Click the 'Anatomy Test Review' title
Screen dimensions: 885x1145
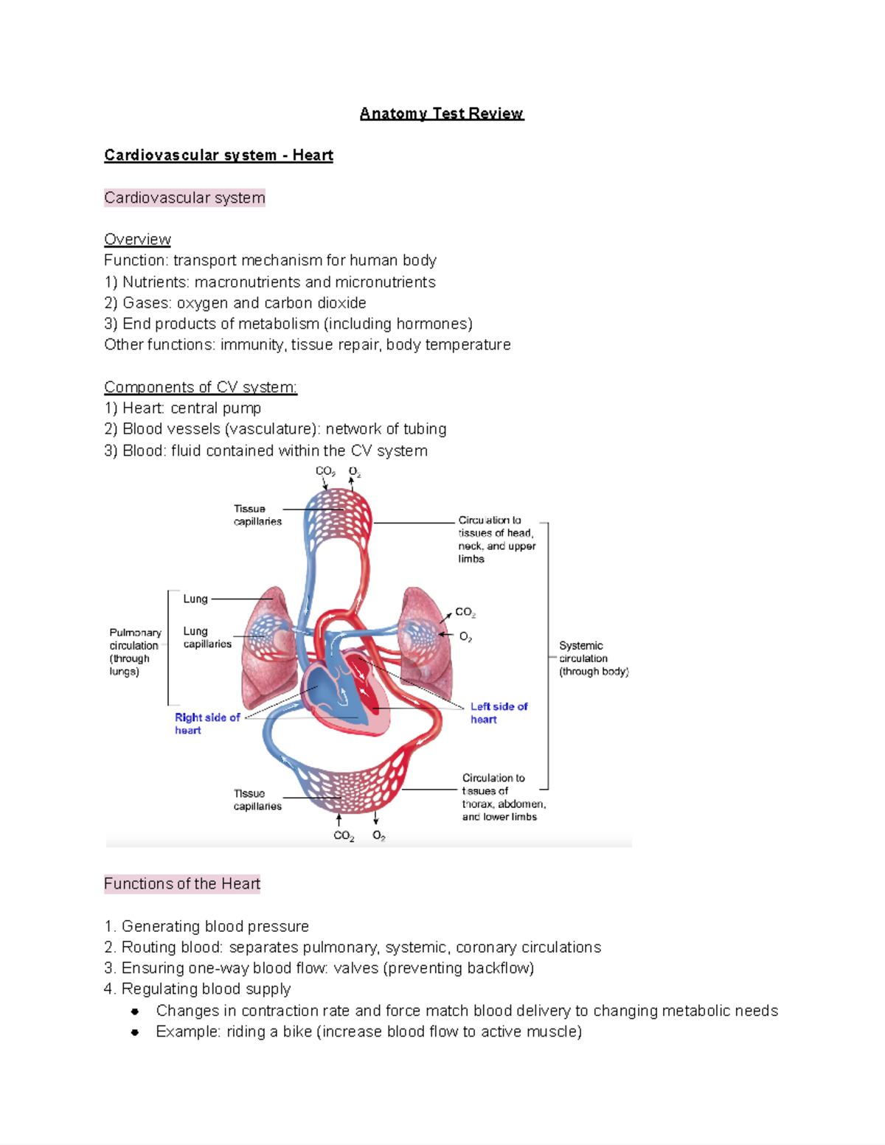coord(441,114)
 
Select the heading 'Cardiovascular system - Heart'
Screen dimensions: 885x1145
coord(218,156)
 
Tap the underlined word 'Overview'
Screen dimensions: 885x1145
coord(137,240)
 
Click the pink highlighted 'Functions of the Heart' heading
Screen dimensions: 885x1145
coord(182,884)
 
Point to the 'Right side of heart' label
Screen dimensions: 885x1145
coord(206,723)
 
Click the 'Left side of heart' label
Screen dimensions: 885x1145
coord(499,713)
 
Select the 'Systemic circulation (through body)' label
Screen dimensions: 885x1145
coord(593,658)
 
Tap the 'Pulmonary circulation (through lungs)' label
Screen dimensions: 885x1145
coord(135,652)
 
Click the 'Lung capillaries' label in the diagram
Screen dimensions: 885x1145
coord(206,638)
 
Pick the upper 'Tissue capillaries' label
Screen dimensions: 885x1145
coord(257,515)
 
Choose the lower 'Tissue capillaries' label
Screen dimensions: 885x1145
coord(257,800)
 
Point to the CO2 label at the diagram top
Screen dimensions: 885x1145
coord(325,471)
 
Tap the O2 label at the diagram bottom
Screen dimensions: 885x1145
coord(378,835)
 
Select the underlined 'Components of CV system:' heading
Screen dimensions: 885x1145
coord(201,387)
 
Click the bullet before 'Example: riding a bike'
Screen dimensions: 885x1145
coord(135,1032)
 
